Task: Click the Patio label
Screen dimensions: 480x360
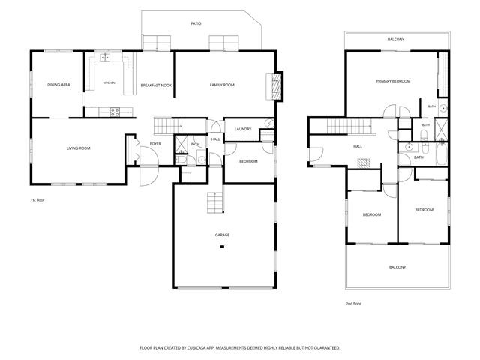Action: click(x=196, y=23)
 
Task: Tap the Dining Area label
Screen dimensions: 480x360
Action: click(x=58, y=85)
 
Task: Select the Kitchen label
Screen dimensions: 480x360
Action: click(x=109, y=83)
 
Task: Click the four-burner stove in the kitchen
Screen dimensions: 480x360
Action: click(x=115, y=112)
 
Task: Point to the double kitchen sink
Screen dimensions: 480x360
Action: click(x=106, y=57)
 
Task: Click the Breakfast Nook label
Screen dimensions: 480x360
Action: click(x=156, y=85)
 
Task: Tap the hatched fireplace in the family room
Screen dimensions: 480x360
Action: click(x=277, y=85)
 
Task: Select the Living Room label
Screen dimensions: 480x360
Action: click(x=78, y=148)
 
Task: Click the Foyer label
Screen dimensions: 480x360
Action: click(x=155, y=143)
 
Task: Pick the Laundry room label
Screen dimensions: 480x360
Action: click(x=243, y=129)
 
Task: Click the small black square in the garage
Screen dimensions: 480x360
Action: click(x=222, y=247)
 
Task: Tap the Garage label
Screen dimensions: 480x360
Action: click(x=222, y=235)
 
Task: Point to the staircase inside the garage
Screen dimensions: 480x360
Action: click(x=215, y=202)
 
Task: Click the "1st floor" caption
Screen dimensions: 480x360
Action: click(x=37, y=200)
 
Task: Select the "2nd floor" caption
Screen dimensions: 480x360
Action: click(x=353, y=304)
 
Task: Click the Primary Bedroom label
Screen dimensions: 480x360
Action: click(x=393, y=81)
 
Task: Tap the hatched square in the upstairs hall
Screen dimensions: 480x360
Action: click(x=364, y=163)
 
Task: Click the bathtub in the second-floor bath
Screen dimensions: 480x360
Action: click(x=441, y=154)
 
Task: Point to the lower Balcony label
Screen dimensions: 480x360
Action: click(x=397, y=267)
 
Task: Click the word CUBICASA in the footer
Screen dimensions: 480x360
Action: click(x=197, y=348)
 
